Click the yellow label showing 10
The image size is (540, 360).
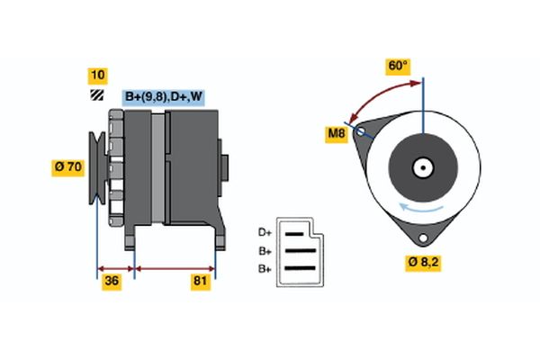click(96, 75)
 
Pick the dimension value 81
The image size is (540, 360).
click(201, 283)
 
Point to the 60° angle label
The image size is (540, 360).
click(397, 66)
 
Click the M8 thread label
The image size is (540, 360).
click(335, 135)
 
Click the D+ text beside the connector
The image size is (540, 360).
click(265, 233)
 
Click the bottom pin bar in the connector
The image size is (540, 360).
click(301, 267)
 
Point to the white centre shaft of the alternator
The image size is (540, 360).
click(421, 166)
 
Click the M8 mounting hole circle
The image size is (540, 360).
click(362, 131)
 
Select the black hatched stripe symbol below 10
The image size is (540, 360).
click(95, 95)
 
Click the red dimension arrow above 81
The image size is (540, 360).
click(175, 267)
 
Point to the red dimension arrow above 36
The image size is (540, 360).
click(115, 267)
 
